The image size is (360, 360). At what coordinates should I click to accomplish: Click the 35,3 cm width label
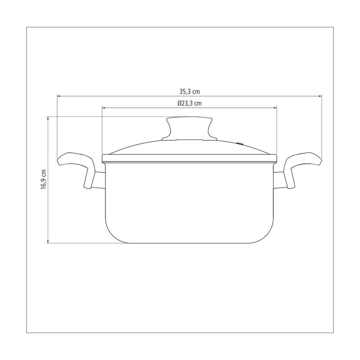click(189, 91)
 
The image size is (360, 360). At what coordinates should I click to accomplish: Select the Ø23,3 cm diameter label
click(189, 103)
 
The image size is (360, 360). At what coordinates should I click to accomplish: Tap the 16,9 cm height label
click(44, 180)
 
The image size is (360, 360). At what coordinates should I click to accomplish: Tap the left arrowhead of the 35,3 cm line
click(58, 96)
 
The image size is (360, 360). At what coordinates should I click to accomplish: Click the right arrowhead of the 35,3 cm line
click(321, 96)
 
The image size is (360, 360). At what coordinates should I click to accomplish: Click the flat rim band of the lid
click(189, 157)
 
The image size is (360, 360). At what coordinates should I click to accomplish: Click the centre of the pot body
click(189, 202)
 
